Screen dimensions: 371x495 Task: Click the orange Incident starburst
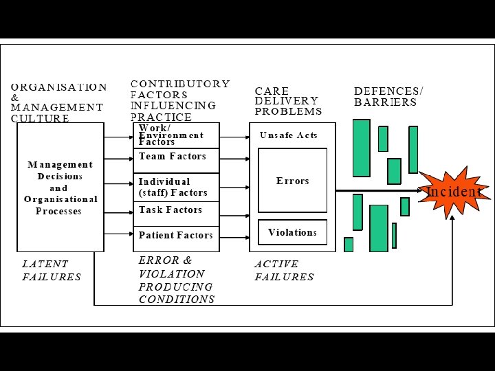(x=454, y=192)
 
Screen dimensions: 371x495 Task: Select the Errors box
(x=292, y=181)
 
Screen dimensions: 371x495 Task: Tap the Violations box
(x=292, y=232)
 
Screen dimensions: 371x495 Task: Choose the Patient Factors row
(x=175, y=235)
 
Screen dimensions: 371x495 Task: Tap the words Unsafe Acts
(x=289, y=135)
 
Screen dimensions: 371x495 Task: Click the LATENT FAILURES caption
(x=52, y=270)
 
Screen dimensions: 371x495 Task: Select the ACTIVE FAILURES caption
(x=284, y=270)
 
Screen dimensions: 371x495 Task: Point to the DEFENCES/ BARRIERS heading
(x=388, y=96)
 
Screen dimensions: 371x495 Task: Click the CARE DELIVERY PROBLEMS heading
(x=288, y=100)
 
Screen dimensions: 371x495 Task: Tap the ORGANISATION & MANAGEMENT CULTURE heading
(x=58, y=102)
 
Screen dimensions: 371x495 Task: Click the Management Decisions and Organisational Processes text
(x=60, y=188)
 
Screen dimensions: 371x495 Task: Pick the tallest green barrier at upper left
(x=361, y=148)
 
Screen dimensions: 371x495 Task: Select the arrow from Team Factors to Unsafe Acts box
(x=234, y=157)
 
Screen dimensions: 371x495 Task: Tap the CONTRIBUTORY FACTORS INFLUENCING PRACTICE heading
(x=180, y=100)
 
